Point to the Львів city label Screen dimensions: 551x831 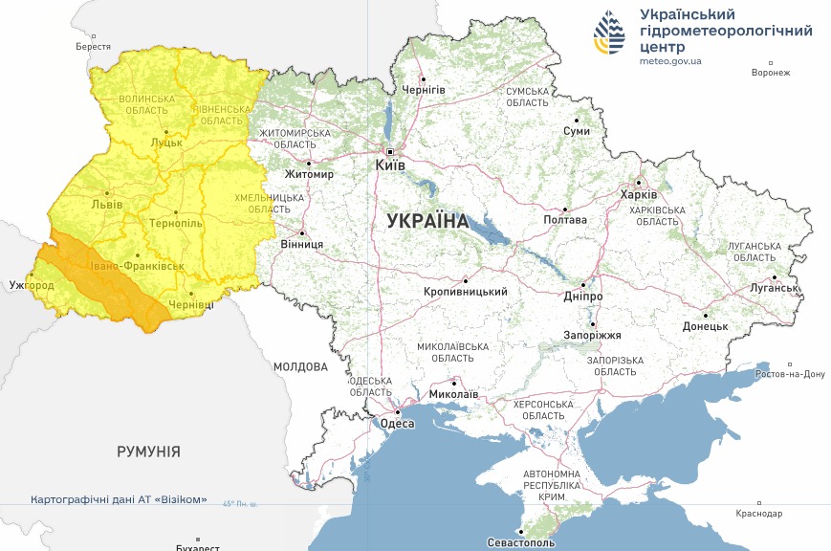(106, 204)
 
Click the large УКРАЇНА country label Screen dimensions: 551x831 (427, 221)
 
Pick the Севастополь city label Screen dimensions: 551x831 (520, 542)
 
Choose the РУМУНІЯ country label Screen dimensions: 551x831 (148, 452)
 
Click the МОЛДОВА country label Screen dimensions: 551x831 (300, 366)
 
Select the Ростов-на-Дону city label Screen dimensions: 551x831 (790, 374)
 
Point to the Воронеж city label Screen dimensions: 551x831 (771, 73)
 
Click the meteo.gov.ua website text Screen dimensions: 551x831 (670, 60)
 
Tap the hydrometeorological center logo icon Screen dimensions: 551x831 (609, 35)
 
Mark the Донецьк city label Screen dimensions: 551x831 (705, 326)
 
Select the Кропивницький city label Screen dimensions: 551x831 (466, 292)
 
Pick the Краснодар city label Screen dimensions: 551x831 (759, 514)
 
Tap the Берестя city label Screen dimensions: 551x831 (94, 47)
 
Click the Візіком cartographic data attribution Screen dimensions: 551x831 (119, 500)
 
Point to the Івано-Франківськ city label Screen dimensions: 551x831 (138, 266)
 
